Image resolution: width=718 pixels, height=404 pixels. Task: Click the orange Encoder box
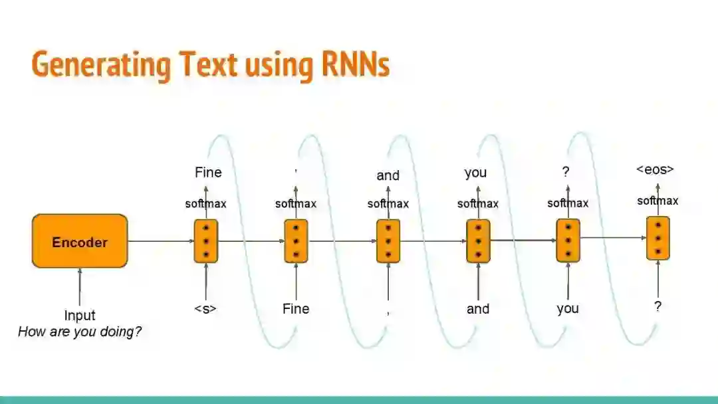pyautogui.click(x=80, y=241)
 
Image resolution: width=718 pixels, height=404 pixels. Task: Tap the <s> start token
pyautogui.click(x=205, y=309)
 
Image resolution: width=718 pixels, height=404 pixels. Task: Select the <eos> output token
pyautogui.click(x=655, y=169)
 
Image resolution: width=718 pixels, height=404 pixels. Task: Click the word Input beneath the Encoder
pyautogui.click(x=80, y=316)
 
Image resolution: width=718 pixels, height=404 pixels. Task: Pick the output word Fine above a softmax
pyautogui.click(x=208, y=173)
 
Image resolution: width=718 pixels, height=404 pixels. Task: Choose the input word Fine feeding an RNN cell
pyautogui.click(x=296, y=309)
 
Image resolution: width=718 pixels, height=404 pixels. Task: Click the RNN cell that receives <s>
pyautogui.click(x=206, y=241)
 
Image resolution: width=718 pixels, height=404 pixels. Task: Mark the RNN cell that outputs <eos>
pyautogui.click(x=658, y=238)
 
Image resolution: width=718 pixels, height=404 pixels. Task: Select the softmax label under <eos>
pyautogui.click(x=658, y=201)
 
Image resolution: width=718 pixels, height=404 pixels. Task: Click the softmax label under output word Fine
pyautogui.click(x=205, y=204)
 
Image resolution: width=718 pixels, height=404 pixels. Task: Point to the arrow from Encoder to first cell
pyautogui.click(x=160, y=241)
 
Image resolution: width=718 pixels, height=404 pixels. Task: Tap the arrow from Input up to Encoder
pyautogui.click(x=80, y=287)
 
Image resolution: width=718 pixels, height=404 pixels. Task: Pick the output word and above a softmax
pyautogui.click(x=388, y=175)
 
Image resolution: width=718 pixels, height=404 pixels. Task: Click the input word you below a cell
pyautogui.click(x=568, y=309)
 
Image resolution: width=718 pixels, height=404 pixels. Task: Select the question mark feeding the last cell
pyautogui.click(x=658, y=306)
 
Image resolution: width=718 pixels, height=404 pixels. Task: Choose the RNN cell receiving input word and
pyautogui.click(x=478, y=241)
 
